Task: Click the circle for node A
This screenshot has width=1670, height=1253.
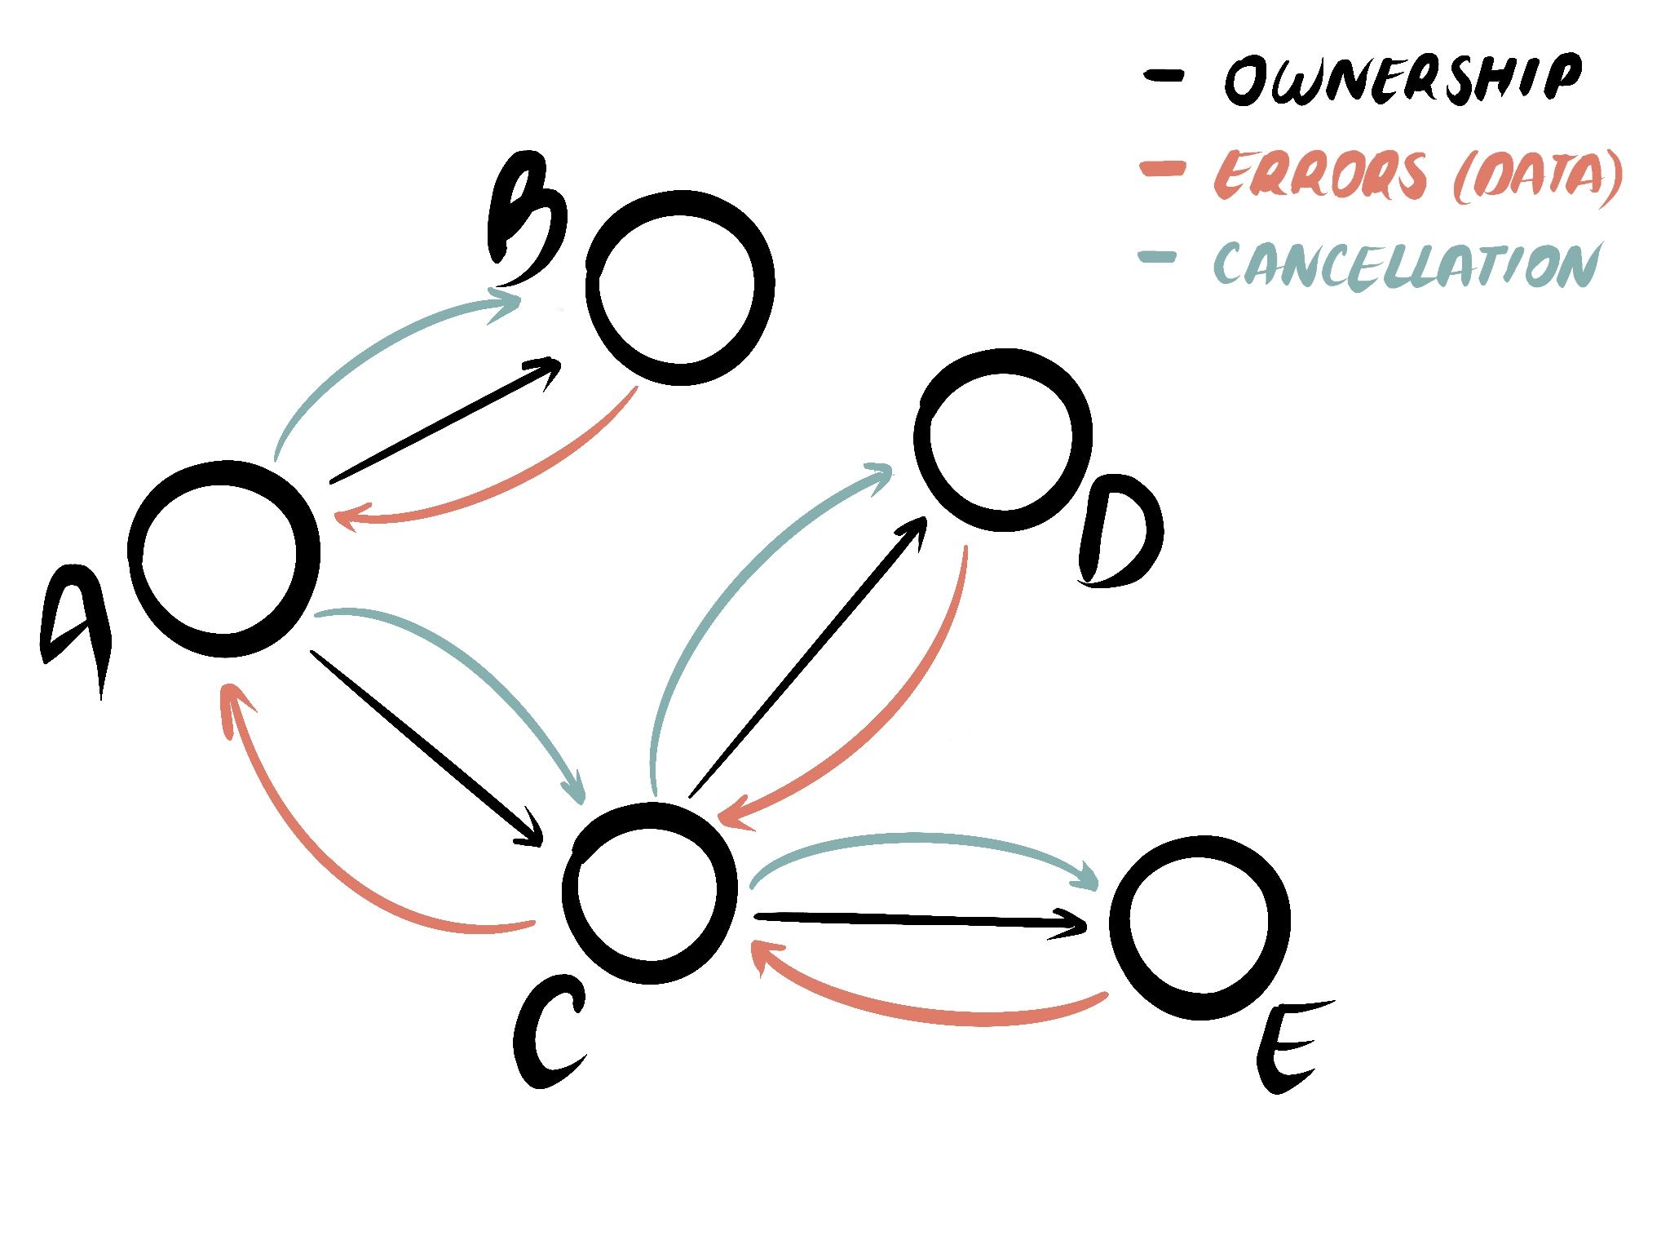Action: tap(224, 559)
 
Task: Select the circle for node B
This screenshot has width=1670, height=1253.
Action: tap(679, 287)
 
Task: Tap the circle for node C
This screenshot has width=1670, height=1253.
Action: tap(650, 892)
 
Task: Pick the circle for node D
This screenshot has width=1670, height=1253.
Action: tap(1002, 441)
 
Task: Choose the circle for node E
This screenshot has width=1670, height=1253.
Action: tap(1199, 928)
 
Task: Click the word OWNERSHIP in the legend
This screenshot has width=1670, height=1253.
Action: tap(1403, 80)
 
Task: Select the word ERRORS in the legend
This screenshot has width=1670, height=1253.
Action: tap(1322, 174)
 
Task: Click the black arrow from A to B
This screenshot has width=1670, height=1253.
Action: tap(444, 421)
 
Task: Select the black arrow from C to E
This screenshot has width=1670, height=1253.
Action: tap(921, 922)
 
